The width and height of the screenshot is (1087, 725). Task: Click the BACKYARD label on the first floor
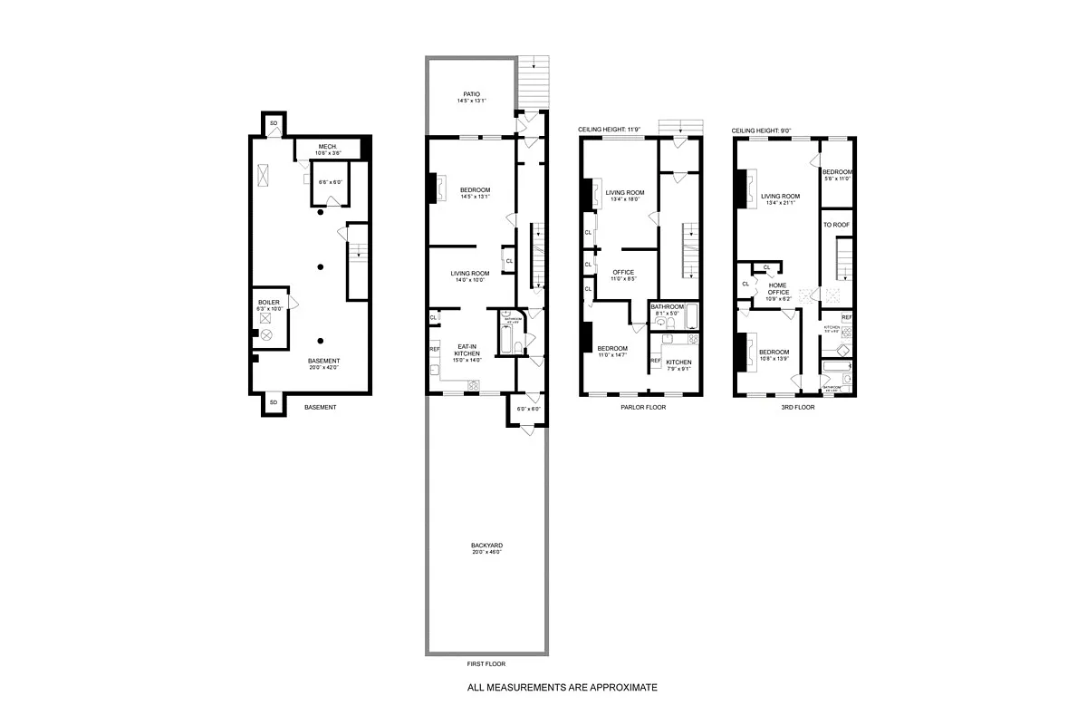click(486, 546)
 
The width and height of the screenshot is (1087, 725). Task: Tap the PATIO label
click(471, 93)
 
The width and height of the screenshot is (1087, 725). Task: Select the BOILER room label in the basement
click(269, 302)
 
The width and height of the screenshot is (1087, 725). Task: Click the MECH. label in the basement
click(327, 147)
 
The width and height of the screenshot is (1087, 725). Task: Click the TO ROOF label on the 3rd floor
click(836, 224)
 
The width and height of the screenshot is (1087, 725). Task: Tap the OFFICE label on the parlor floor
click(622, 272)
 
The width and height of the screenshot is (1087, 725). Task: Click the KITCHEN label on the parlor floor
click(678, 362)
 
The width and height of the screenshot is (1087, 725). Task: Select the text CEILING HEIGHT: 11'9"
click(610, 130)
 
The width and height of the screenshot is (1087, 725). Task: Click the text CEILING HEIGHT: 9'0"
click(762, 130)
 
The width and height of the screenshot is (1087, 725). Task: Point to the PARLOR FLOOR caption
click(643, 408)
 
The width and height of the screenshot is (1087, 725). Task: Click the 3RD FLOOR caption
click(797, 408)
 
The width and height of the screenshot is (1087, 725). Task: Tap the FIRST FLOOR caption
click(486, 664)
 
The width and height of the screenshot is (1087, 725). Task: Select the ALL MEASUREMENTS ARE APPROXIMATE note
click(562, 688)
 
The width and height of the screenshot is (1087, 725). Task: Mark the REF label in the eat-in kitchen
click(434, 349)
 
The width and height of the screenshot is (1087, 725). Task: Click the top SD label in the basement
click(273, 122)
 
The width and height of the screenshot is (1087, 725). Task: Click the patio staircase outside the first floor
click(534, 82)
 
